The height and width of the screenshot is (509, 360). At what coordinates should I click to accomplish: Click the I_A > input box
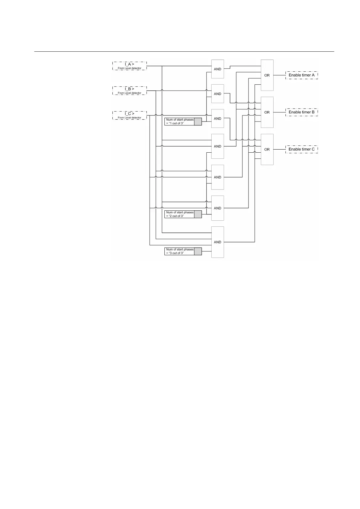tap(129, 66)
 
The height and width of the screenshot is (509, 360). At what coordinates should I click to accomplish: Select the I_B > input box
tap(129, 90)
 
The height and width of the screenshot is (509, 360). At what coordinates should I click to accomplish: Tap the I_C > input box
tap(129, 115)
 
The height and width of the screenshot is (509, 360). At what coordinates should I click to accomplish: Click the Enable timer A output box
tap(302, 75)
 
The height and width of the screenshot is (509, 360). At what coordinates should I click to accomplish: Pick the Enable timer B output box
tap(302, 112)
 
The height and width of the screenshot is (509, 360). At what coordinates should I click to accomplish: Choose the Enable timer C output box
tap(302, 149)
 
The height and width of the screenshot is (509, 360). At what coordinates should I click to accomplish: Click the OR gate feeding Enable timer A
tap(267, 75)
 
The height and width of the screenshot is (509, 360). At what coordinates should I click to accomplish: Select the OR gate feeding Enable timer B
tap(267, 112)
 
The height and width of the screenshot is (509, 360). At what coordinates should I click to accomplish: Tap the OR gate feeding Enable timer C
tap(267, 149)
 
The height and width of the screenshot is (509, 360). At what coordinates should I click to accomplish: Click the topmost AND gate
tap(218, 69)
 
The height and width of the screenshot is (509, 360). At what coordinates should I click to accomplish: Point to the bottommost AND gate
tap(218, 242)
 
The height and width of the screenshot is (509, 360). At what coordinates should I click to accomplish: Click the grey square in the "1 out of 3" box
tap(198, 122)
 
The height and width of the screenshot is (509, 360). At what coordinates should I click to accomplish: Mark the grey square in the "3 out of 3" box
tap(198, 251)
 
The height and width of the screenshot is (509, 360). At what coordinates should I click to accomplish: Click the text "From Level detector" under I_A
tap(129, 68)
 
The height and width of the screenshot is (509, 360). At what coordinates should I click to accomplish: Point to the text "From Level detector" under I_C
tap(129, 118)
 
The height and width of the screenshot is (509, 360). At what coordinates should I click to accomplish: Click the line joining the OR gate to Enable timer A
tap(279, 75)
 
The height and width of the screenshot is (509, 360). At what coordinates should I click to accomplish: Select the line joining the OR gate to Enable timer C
tap(279, 149)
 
